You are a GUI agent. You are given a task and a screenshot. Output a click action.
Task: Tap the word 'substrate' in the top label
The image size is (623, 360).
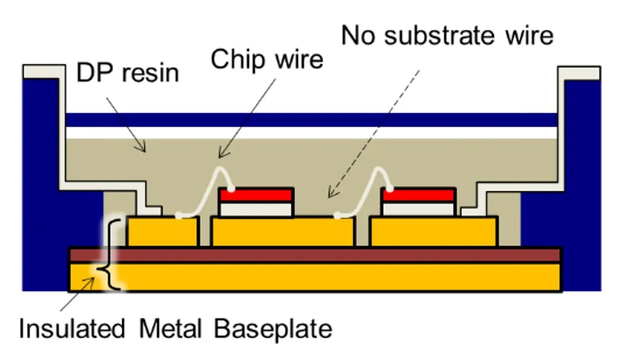click(x=439, y=35)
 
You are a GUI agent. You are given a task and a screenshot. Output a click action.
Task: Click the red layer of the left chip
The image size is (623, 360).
click(x=256, y=195)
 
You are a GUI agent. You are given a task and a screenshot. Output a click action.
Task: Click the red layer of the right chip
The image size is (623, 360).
click(x=418, y=195)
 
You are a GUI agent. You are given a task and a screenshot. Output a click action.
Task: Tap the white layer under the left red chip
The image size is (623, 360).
click(x=256, y=209)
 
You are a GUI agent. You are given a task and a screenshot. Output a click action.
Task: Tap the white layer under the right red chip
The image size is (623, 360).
click(x=418, y=209)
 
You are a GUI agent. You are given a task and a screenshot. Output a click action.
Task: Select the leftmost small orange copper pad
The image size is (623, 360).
click(x=163, y=231)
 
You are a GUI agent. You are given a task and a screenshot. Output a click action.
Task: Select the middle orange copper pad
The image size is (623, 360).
click(x=283, y=232)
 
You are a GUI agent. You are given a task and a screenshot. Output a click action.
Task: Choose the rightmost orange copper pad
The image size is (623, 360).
click(x=434, y=232)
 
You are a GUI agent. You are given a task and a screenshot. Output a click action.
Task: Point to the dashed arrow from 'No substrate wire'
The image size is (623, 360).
click(x=375, y=133)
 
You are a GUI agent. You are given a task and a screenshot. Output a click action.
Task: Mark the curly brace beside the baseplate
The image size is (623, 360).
click(x=110, y=253)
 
